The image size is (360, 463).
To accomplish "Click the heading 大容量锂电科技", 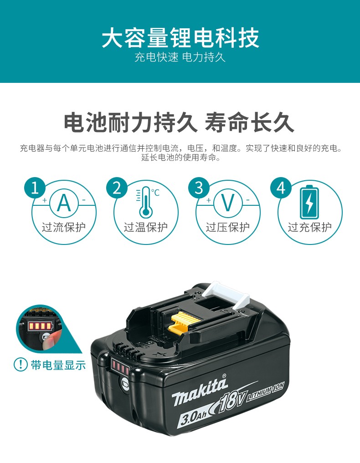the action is pyautogui.click(x=180, y=37).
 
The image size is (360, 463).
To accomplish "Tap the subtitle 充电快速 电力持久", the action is pyautogui.click(x=180, y=57).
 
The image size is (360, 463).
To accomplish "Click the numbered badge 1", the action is pyautogui.click(x=35, y=188).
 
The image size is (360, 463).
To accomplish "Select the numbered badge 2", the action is pyautogui.click(x=117, y=188).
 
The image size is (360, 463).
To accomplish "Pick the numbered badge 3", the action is pyautogui.click(x=199, y=188).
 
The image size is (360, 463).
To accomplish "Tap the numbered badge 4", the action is pyautogui.click(x=281, y=188).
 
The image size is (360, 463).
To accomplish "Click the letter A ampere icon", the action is pyautogui.click(x=64, y=203).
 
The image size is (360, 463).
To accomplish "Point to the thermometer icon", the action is pyautogui.click(x=145, y=202).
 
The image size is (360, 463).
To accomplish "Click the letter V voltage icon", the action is pyautogui.click(x=228, y=203).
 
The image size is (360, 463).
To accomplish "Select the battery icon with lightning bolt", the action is pyautogui.click(x=309, y=202).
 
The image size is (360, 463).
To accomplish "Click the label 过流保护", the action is pyautogui.click(x=63, y=227).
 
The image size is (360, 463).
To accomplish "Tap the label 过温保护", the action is pyautogui.click(x=146, y=227).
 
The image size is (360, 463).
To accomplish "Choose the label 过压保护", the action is pyautogui.click(x=228, y=227).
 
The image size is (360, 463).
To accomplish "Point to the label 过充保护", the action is pyautogui.click(x=310, y=227).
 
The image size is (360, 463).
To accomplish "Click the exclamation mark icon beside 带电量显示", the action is pyautogui.click(x=21, y=364).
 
